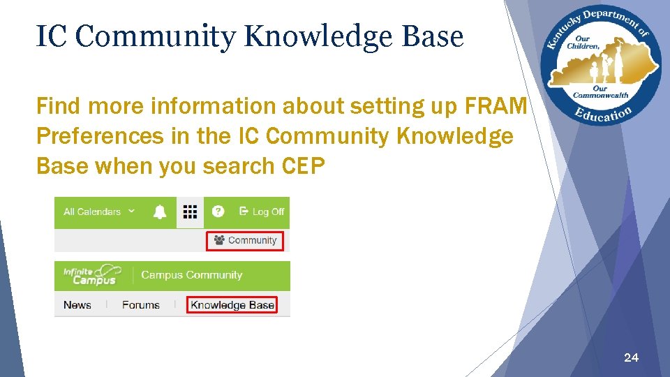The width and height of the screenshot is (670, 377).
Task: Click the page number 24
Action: pyautogui.click(x=630, y=357)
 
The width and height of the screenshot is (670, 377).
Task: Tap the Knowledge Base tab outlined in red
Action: pyautogui.click(x=232, y=305)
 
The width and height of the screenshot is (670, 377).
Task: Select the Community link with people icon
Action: pyautogui.click(x=246, y=240)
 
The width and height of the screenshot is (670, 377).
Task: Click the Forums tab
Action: pyautogui.click(x=140, y=305)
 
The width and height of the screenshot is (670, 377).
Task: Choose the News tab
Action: pyautogui.click(x=77, y=305)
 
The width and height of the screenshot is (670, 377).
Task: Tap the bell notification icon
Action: pyautogui.click(x=160, y=212)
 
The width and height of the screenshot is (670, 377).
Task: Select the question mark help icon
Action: pyautogui.click(x=218, y=212)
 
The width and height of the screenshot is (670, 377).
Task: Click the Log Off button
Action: pyautogui.click(x=262, y=212)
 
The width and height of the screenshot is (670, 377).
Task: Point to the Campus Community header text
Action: pyautogui.click(x=191, y=275)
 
